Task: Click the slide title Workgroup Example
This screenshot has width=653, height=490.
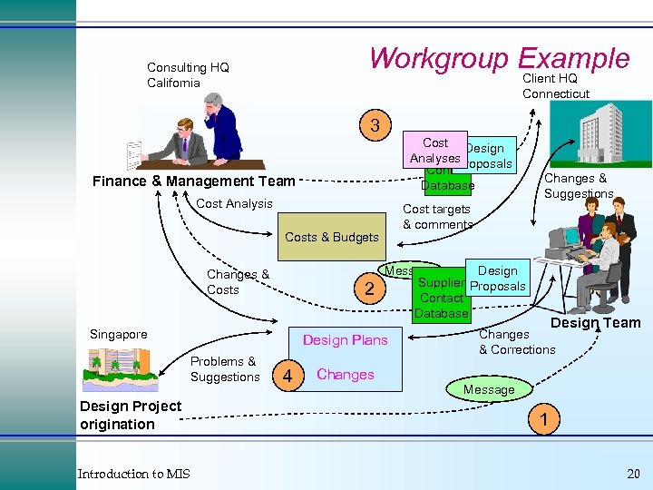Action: coord(499,58)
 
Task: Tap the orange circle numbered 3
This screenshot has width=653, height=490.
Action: coord(374,124)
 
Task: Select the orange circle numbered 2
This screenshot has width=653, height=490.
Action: coord(368,289)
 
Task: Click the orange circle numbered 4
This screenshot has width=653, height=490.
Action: coord(288,375)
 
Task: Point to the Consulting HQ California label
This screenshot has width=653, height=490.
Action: coord(188,75)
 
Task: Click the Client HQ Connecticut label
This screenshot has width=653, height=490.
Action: coord(555,86)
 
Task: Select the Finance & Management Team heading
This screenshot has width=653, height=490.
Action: coord(194,181)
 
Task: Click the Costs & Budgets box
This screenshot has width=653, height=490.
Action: coord(332,237)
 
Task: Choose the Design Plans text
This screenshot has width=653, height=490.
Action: coord(345,340)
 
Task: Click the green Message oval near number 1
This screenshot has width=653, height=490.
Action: coord(489,389)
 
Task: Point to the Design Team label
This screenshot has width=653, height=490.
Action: coord(595,323)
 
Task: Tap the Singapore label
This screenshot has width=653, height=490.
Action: coord(118,334)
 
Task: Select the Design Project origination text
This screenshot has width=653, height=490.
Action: coord(131,415)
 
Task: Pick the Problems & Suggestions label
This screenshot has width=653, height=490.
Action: coord(225,368)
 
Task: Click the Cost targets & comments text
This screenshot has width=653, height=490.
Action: coord(437,217)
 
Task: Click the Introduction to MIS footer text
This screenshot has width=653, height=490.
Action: coord(133,474)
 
